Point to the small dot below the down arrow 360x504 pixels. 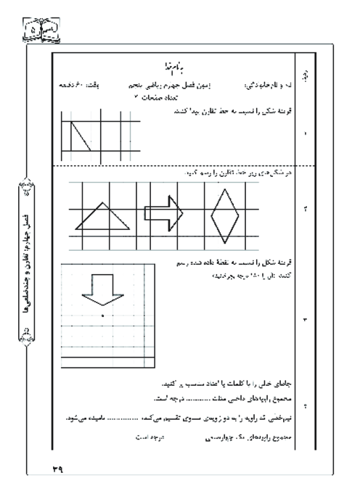pos(103,316)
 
